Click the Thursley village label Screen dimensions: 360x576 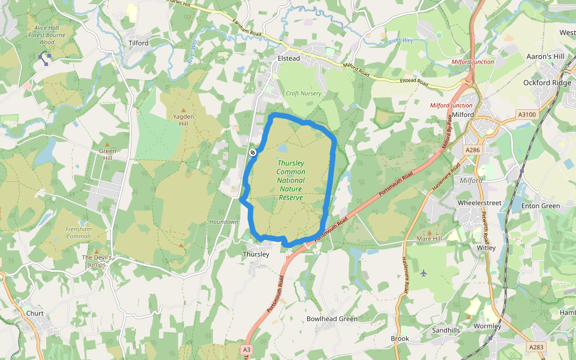[x=256, y=254]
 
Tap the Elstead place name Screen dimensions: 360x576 [x=289, y=58]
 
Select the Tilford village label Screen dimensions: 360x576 [x=139, y=43]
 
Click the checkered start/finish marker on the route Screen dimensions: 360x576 [x=253, y=152]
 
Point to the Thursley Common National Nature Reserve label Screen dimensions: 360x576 [x=290, y=180]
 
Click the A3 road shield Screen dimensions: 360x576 [x=247, y=349]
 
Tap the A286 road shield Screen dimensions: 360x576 [x=473, y=149]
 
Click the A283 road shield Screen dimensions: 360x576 [x=536, y=347]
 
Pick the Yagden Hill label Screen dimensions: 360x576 [x=184, y=119]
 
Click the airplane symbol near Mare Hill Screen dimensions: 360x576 [x=424, y=273]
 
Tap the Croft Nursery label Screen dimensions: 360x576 [x=303, y=94]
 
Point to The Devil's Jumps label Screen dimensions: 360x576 [x=97, y=260]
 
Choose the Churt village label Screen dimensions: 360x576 [x=35, y=313]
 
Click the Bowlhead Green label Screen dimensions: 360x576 [x=332, y=319]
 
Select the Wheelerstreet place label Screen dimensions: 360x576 [x=479, y=203]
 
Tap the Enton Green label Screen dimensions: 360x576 [x=541, y=206]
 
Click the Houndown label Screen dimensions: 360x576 [x=224, y=222]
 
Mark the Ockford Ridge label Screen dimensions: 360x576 [x=547, y=83]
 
